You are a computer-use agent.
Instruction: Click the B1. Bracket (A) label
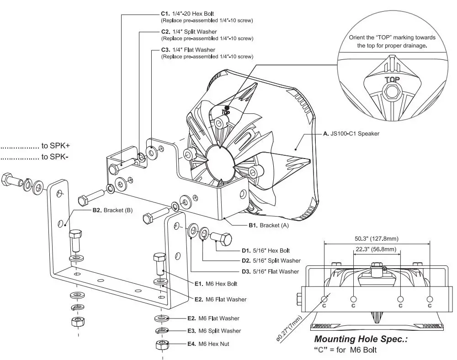pos(269,225)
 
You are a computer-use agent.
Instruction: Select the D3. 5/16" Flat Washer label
pos(270,271)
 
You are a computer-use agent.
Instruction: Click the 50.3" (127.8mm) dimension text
pos(377,238)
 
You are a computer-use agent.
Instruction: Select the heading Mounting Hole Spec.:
pos(360,339)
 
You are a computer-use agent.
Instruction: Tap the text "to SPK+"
pos(55,147)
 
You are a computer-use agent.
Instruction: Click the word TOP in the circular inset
pos(392,79)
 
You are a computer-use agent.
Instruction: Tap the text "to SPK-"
pos(55,157)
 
